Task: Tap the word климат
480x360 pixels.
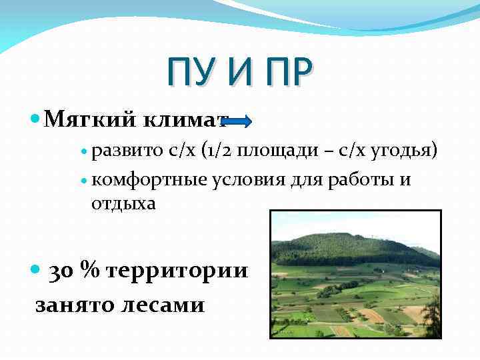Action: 185,119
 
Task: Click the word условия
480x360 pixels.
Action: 244,180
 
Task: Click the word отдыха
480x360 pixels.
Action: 123,203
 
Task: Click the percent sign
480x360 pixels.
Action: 89,270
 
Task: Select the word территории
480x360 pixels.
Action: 177,271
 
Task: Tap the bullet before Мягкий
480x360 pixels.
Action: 36,119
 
